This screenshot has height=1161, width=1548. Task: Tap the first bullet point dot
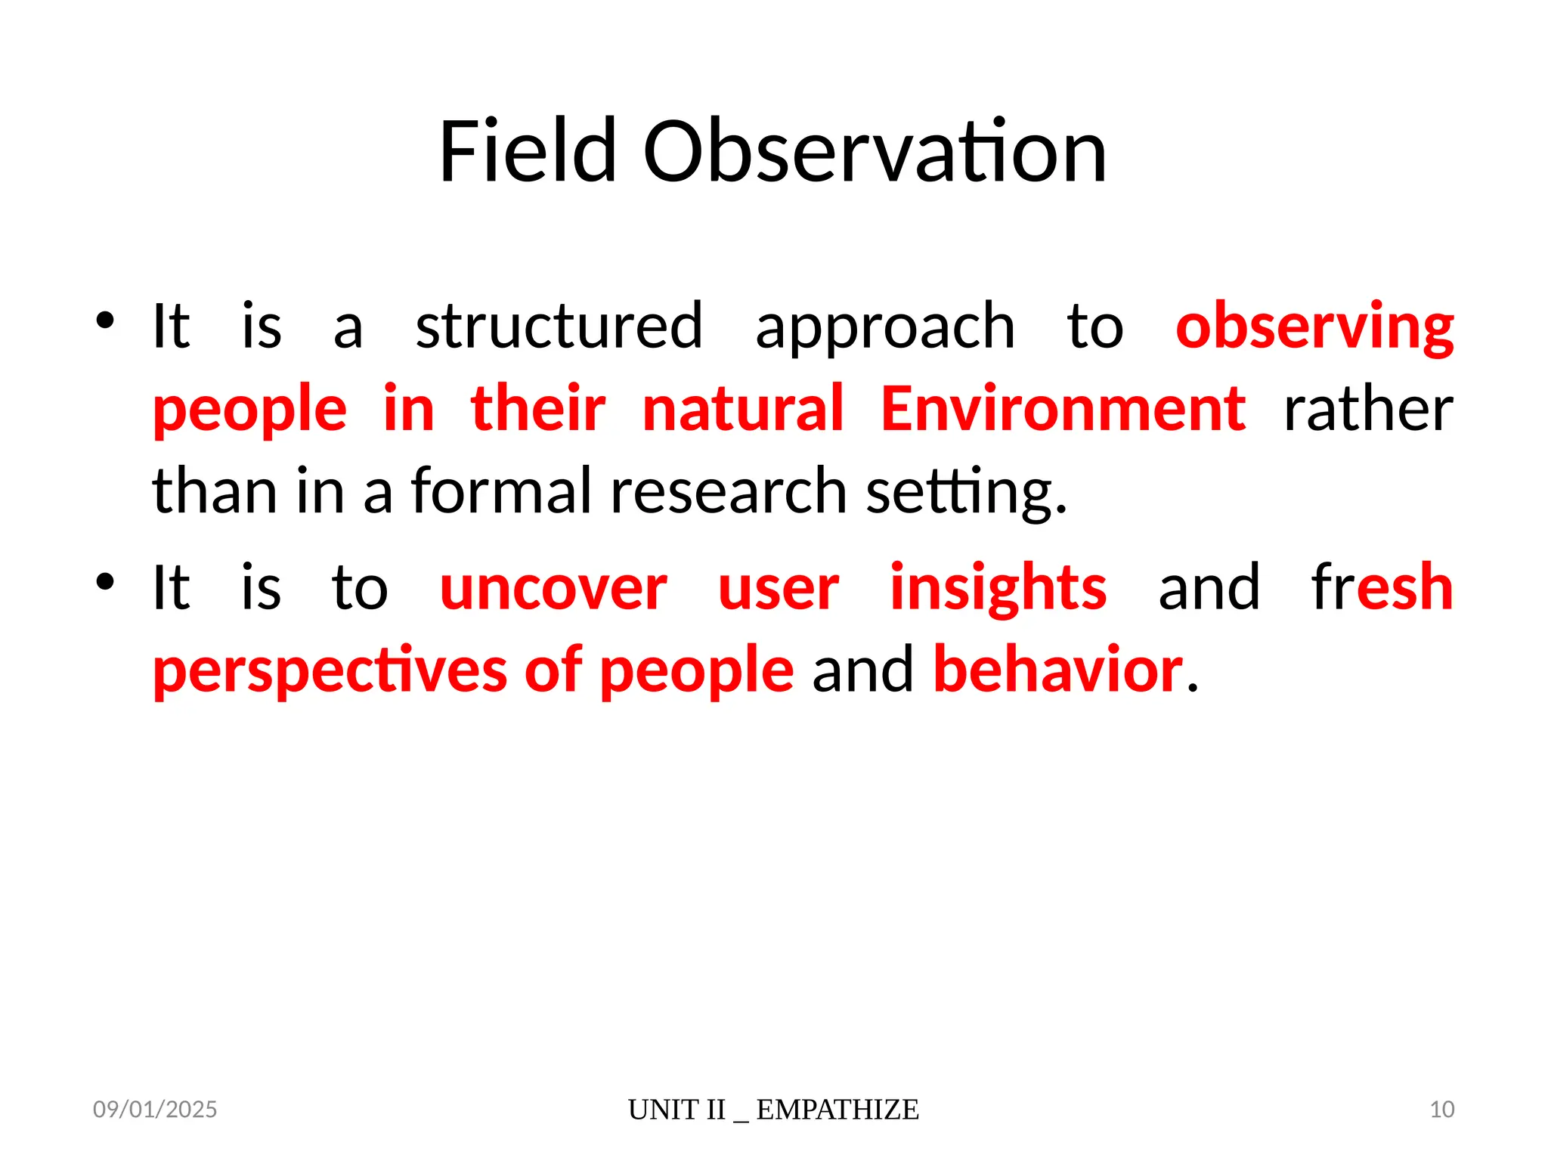pos(105,320)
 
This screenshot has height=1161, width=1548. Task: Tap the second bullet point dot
pos(105,581)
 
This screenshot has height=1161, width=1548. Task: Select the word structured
pos(559,327)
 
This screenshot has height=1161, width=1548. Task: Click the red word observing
pos(1314,328)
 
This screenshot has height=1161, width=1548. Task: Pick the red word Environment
pos(1063,409)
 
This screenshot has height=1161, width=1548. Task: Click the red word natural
pos(742,409)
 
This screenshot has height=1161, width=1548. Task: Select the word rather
pos(1368,410)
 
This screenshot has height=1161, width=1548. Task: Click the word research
pos(729,491)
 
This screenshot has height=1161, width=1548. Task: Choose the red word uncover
pos(553,589)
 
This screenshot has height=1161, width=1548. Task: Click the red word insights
pos(998,589)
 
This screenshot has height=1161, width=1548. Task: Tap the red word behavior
pos(1058,670)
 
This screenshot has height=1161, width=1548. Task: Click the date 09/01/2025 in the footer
pos(155,1109)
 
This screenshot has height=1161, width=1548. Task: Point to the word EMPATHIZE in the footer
pos(837,1110)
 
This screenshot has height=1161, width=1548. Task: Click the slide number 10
pos(1441,1109)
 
